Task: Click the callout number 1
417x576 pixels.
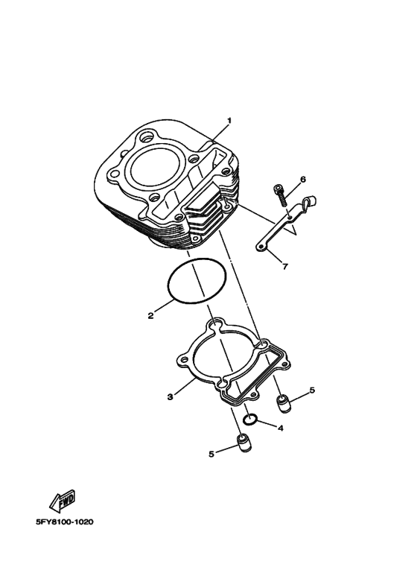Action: point(229,121)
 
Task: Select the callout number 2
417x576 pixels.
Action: point(150,315)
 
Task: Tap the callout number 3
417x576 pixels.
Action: point(170,397)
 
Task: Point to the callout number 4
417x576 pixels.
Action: point(280,428)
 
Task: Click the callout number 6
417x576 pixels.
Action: point(303,180)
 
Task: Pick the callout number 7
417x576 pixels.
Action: point(285,266)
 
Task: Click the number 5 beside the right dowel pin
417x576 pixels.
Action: point(312,390)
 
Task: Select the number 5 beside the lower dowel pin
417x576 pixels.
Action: point(211,454)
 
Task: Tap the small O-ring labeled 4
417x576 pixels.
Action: point(250,420)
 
